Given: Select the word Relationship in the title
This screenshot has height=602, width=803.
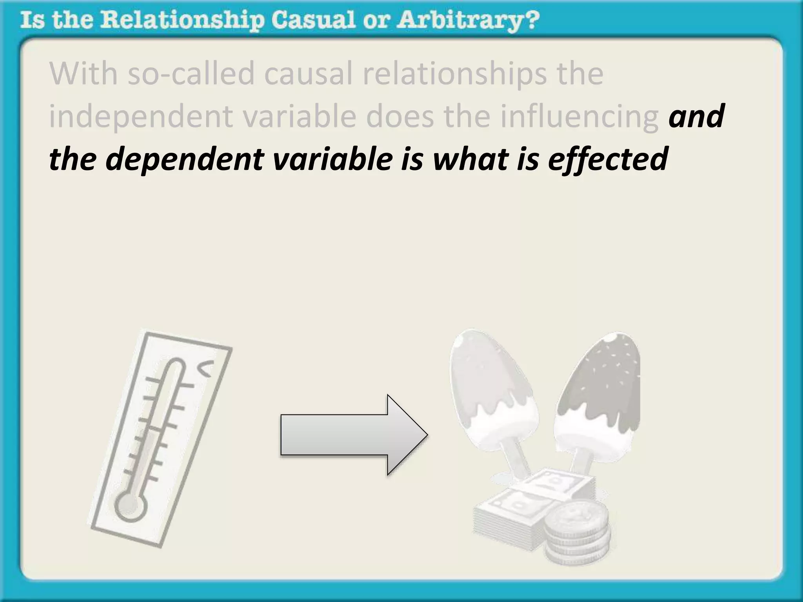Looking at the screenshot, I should (x=182, y=20).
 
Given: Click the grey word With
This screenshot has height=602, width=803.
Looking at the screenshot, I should (x=83, y=73).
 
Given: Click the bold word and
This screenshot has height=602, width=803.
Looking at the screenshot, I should (x=696, y=116).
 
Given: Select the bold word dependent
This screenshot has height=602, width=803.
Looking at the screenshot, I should (x=184, y=159).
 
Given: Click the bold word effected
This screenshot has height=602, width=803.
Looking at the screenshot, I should (x=608, y=159).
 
